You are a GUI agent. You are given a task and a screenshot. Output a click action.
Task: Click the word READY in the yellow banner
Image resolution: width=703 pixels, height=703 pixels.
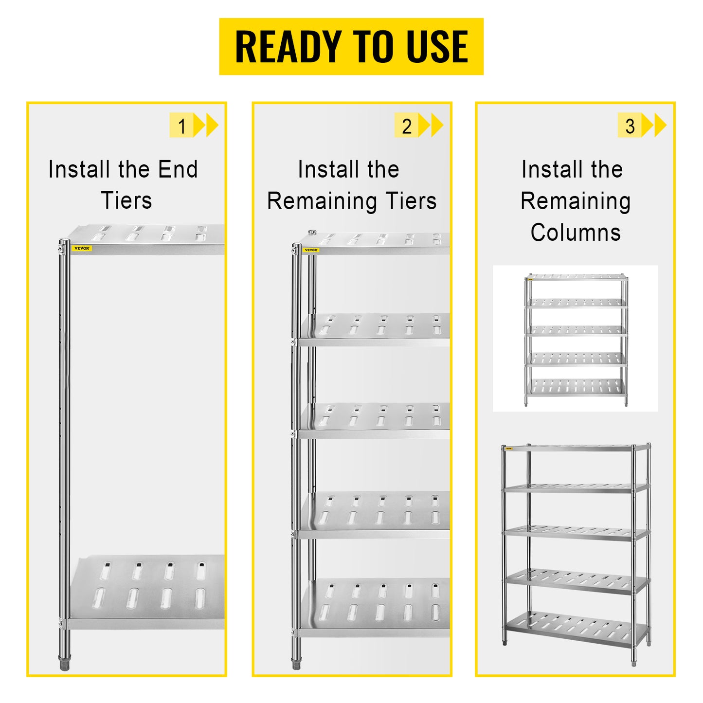pyautogui.click(x=288, y=47)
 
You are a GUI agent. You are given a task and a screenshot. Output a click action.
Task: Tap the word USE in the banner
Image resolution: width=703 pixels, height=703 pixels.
pyautogui.click(x=437, y=47)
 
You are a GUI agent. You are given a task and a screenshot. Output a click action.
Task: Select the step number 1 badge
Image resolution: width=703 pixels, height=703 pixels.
pyautogui.click(x=182, y=126)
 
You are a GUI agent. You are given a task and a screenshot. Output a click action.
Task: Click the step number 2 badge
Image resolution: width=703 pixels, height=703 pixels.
pyautogui.click(x=407, y=126)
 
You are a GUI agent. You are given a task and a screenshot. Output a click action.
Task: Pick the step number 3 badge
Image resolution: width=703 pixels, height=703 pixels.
pyautogui.click(x=630, y=126)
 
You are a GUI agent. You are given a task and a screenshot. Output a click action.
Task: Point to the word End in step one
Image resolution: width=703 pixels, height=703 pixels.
pyautogui.click(x=178, y=169)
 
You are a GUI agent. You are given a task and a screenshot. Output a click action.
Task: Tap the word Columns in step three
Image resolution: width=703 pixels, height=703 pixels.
pyautogui.click(x=576, y=233)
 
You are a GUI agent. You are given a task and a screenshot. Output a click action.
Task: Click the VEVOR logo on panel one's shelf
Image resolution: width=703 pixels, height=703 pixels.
pyautogui.click(x=82, y=248)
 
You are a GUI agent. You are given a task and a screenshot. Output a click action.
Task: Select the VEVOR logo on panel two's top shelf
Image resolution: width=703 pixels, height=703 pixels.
pyautogui.click(x=311, y=250)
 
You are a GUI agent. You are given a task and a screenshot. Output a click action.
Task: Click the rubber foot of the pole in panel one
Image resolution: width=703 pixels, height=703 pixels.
pyautogui.click(x=64, y=664)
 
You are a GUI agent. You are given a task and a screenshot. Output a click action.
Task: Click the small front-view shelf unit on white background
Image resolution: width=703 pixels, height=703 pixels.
pyautogui.click(x=576, y=339)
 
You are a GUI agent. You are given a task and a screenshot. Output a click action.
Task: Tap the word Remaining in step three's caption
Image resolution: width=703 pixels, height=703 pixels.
pyautogui.click(x=576, y=201)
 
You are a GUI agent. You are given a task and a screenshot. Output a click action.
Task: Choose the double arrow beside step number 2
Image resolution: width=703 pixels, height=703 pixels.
pyautogui.click(x=432, y=126)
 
